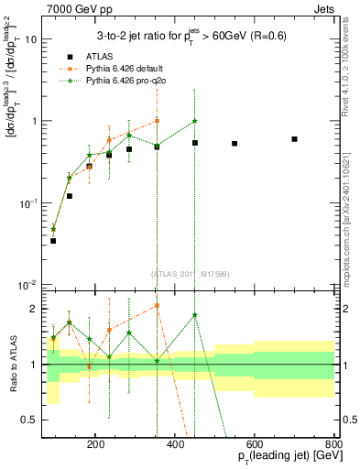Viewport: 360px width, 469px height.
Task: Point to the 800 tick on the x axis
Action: [x=333, y=442]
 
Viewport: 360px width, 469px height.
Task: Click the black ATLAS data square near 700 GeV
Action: [x=294, y=139]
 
